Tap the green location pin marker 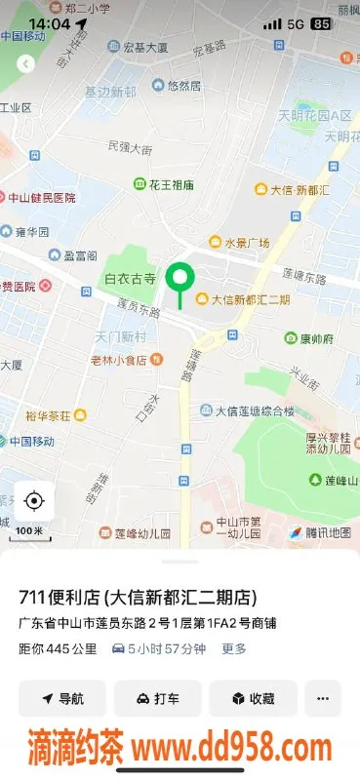point(178,279)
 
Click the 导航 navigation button point(61,698)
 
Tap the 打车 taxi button point(157,698)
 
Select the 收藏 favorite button point(253,698)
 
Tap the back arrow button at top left point(25,63)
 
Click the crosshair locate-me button point(34,501)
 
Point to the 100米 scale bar point(30,532)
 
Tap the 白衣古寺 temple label point(130,279)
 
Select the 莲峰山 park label point(336,480)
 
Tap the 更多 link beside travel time point(234,648)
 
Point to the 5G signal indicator point(296,23)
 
